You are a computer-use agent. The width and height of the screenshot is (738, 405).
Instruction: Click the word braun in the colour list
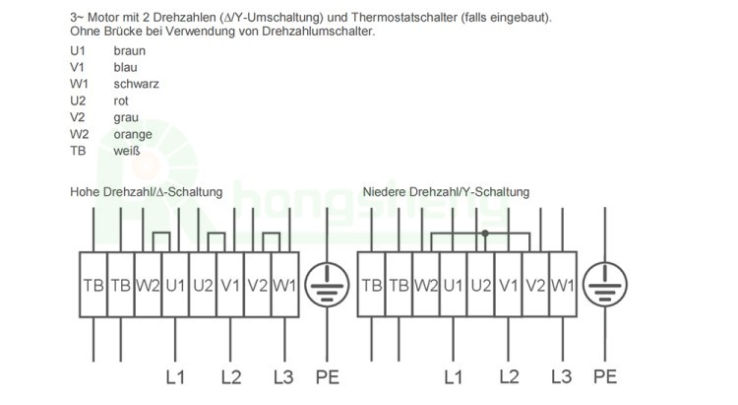[130, 51]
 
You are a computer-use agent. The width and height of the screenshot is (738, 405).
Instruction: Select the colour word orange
[133, 135]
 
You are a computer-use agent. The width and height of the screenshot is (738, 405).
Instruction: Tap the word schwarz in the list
[136, 84]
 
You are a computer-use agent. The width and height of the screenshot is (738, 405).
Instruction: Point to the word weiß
[127, 151]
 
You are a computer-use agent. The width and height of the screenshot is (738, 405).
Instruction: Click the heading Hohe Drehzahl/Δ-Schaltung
[146, 192]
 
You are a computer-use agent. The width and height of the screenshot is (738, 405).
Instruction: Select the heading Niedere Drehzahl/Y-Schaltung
[446, 192]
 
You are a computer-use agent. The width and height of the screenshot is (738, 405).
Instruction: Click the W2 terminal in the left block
[149, 285]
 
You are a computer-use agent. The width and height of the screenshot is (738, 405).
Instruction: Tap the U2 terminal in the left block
[203, 285]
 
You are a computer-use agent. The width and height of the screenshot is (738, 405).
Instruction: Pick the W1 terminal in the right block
[563, 285]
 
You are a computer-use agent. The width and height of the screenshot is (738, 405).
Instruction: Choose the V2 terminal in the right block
[535, 285]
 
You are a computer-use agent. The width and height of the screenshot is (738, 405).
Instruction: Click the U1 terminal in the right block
[454, 285]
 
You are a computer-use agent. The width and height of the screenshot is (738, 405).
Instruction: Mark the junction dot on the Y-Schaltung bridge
[485, 234]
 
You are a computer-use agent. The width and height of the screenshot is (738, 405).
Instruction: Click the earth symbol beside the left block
[327, 285]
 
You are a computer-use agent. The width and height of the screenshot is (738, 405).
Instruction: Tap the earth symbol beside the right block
[605, 285]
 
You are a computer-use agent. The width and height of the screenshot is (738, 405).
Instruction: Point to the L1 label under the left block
[175, 377]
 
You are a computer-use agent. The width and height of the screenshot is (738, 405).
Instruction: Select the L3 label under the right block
[562, 376]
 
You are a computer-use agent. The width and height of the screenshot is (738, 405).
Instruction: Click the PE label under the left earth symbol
[327, 377]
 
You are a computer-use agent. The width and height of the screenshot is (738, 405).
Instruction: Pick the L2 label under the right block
[509, 376]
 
